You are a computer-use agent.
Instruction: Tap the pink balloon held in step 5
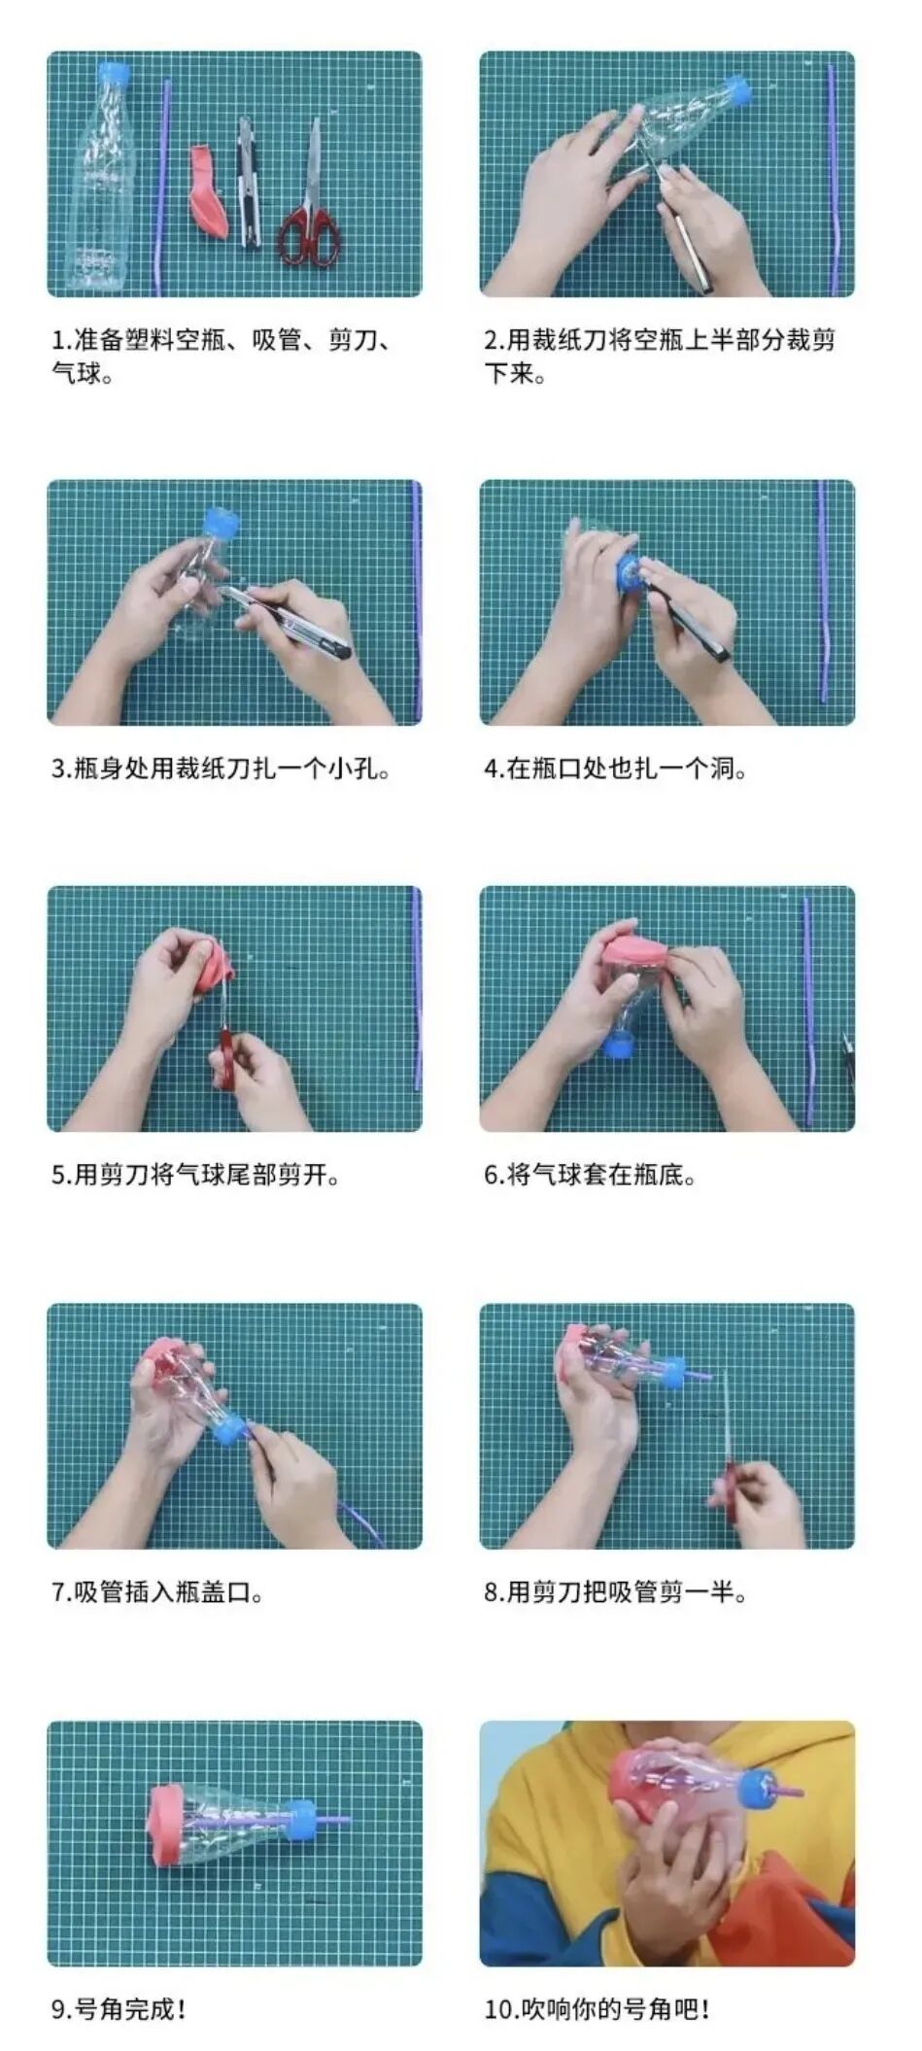tap(213, 965)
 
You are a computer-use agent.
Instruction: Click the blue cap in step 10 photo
tap(757, 1788)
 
